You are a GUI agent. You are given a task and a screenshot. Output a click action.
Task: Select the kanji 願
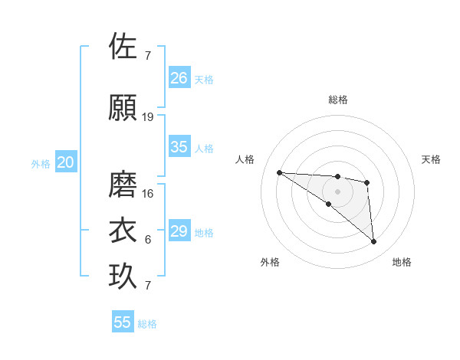123,107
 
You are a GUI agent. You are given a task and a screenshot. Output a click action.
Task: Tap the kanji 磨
123,185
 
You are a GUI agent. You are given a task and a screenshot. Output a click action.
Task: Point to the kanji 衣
123,231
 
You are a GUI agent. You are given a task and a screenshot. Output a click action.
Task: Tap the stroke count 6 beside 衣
148,240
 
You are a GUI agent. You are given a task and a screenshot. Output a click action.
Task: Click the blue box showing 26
179,78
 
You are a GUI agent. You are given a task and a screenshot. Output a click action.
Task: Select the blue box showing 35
179,147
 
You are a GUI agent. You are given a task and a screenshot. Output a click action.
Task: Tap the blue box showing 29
179,231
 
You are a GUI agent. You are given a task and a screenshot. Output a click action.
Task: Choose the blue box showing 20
66,162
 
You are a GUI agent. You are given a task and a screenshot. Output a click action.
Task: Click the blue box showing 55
123,322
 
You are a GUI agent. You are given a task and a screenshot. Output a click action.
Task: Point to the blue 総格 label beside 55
147,324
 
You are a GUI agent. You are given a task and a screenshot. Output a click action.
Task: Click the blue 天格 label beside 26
204,79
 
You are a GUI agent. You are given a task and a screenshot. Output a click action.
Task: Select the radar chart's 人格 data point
279,172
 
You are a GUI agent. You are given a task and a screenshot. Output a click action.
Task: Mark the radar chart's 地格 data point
374,242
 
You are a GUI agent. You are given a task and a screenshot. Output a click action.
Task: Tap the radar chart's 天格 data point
367,182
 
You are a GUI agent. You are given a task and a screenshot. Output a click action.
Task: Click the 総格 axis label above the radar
338,100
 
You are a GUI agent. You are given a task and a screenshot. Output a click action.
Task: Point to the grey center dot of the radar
338,191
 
